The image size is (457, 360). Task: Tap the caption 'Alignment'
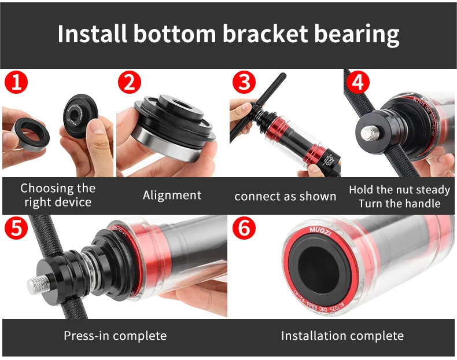[172, 195]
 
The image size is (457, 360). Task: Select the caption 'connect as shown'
[285, 196]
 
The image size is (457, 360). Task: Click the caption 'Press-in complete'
[115, 336]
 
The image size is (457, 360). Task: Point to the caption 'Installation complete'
[342, 336]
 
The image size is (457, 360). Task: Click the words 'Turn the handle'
[399, 203]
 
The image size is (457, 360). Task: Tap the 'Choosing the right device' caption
[57, 195]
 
